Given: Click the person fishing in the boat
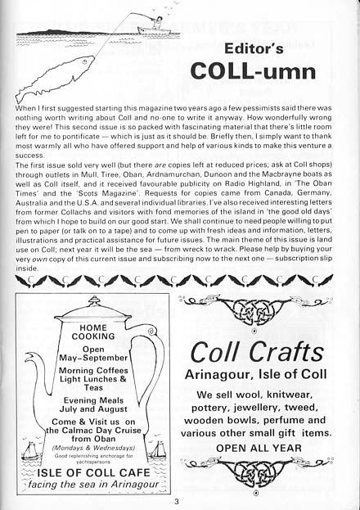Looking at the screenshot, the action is coord(151,23).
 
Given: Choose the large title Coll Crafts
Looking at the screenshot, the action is coord(258,352).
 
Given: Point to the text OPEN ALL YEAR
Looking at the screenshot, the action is coord(258,448).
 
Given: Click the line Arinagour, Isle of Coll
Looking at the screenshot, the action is coord(258,376).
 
